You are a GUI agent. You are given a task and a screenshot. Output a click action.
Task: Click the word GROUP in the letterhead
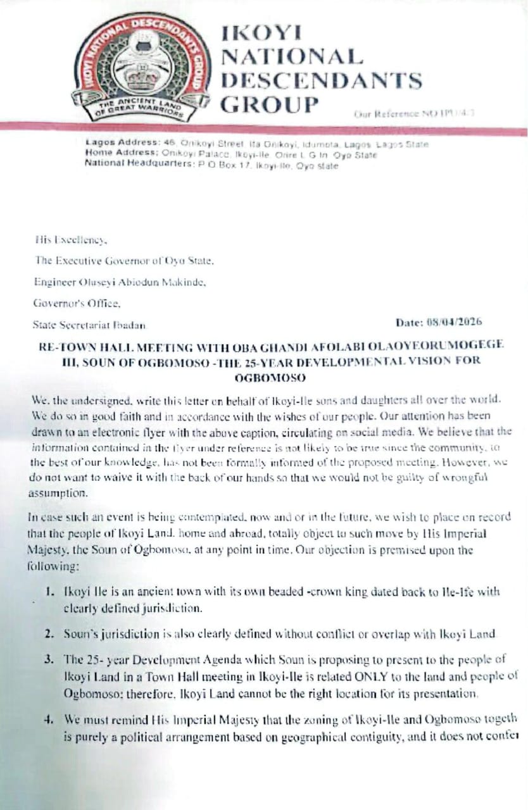click(269, 103)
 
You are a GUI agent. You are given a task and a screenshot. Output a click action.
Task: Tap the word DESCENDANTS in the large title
click(321, 80)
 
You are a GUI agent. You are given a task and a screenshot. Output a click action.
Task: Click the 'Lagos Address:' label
click(115, 144)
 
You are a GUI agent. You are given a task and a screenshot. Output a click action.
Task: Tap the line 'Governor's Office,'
click(68, 304)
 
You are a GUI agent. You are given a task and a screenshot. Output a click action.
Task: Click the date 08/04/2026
click(454, 322)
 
